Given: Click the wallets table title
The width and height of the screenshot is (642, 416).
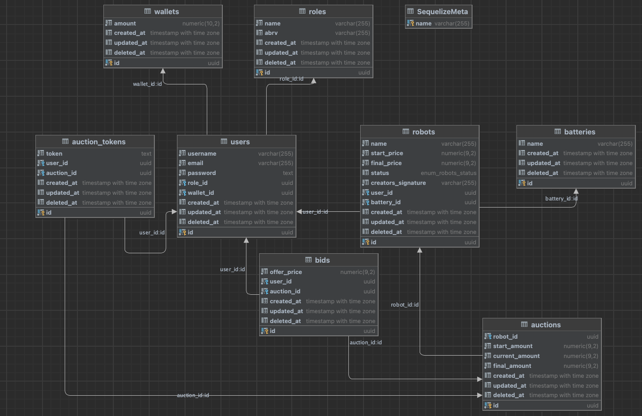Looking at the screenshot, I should click(x=167, y=12).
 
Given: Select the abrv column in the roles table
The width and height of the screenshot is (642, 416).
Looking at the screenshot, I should click(x=271, y=33).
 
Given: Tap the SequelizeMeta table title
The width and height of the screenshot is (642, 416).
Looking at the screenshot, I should click(x=442, y=12).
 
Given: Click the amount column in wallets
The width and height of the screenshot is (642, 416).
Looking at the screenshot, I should click(x=125, y=23).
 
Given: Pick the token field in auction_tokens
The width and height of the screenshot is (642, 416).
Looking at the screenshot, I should click(x=54, y=153).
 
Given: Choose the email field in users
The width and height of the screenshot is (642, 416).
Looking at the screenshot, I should click(x=195, y=163).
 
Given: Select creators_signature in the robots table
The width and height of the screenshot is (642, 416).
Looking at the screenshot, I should click(x=398, y=183).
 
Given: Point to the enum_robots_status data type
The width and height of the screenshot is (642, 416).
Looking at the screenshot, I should click(x=448, y=173).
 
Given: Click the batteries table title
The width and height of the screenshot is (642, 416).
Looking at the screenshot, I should click(x=580, y=132).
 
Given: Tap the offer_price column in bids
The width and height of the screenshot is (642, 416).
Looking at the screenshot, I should click(x=286, y=272).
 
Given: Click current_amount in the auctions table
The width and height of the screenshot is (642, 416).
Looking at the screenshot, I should click(x=516, y=356).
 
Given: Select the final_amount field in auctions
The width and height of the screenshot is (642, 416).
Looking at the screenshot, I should click(x=512, y=366).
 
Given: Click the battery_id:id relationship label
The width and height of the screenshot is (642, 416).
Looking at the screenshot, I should click(x=561, y=199).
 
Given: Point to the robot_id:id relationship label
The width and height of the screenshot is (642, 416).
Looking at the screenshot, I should click(x=405, y=305).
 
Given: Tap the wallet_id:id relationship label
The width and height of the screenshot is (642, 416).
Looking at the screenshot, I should click(x=147, y=84).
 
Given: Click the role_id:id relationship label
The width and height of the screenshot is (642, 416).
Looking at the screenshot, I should click(x=291, y=79).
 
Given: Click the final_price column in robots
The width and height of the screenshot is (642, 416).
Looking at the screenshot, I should click(x=386, y=163).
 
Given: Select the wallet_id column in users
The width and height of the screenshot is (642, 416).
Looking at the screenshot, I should click(x=201, y=193).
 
